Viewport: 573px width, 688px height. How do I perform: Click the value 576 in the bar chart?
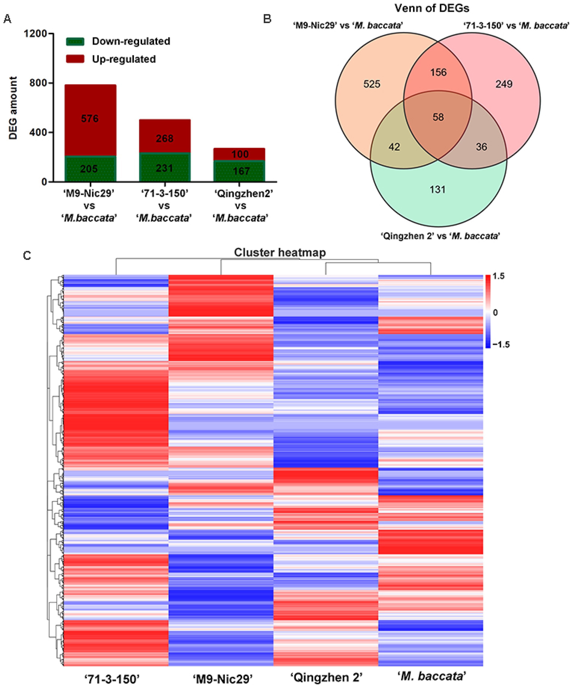(90, 119)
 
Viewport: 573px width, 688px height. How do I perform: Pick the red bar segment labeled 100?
(240, 154)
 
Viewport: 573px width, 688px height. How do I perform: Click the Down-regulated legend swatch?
(75, 42)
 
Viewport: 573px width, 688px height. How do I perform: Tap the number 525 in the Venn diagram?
(372, 84)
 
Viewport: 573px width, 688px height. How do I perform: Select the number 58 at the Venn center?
(438, 117)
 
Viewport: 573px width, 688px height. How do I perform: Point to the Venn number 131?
(438, 189)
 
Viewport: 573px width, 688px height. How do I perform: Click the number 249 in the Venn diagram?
(504, 84)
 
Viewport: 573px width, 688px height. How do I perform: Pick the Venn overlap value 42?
(394, 147)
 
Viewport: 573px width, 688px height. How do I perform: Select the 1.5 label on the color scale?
(498, 276)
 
